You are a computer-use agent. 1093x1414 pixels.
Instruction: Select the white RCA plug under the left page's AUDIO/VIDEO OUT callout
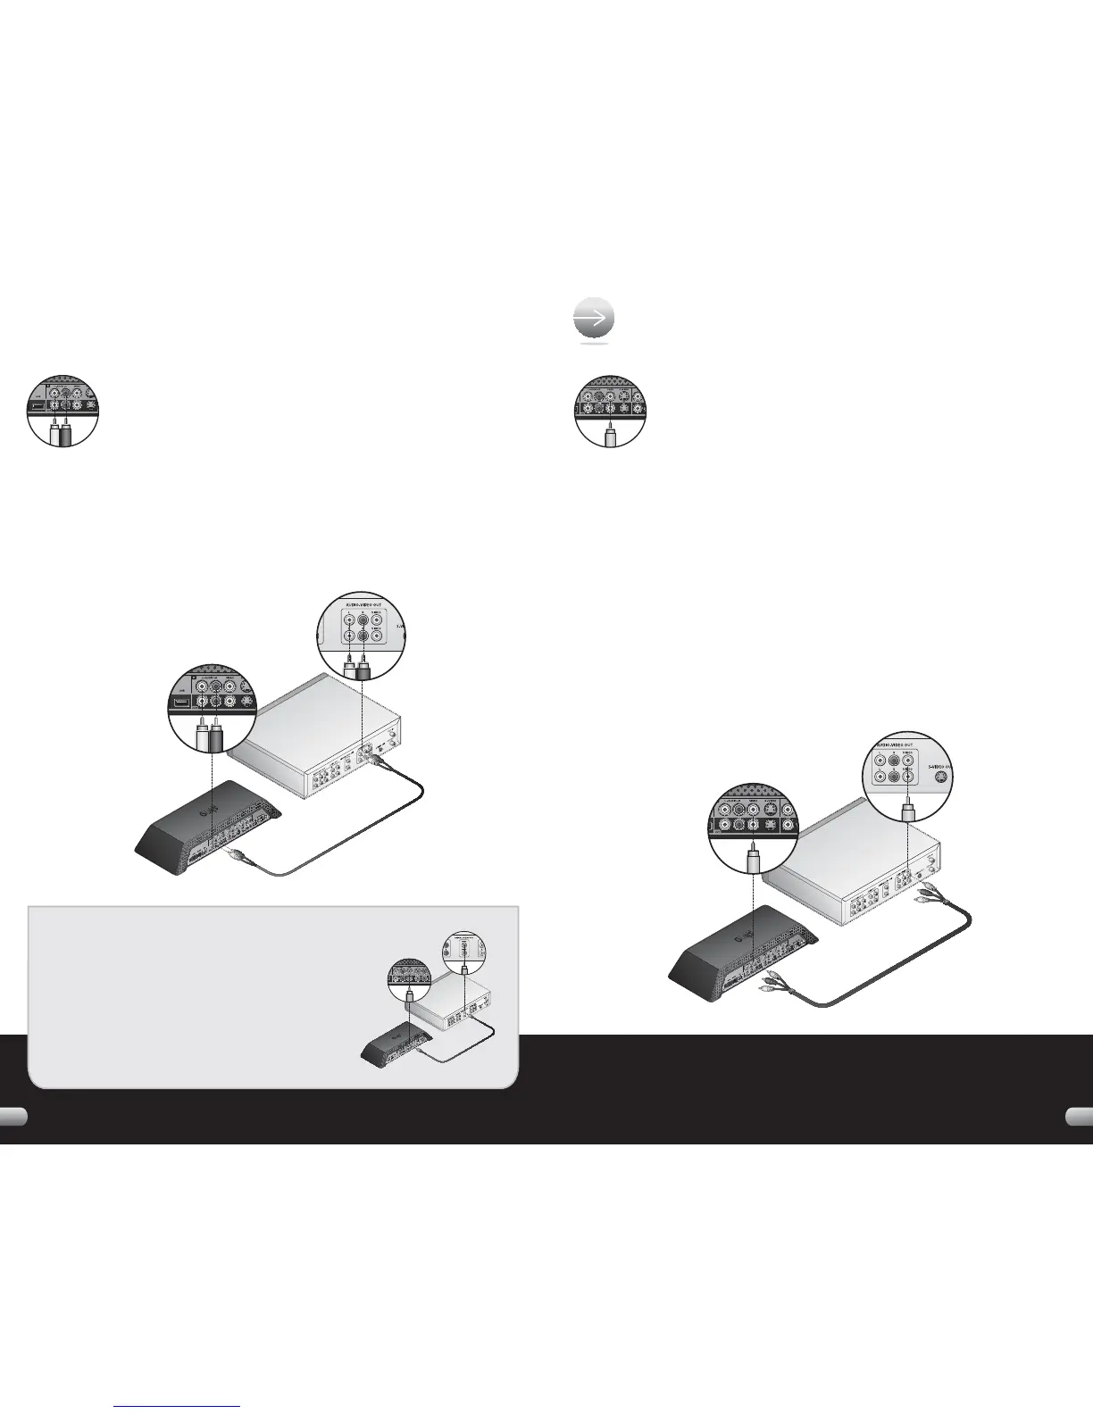(350, 665)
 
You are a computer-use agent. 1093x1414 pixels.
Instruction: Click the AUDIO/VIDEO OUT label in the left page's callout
(361, 606)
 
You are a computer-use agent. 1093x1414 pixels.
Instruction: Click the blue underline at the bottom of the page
(178, 1408)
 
